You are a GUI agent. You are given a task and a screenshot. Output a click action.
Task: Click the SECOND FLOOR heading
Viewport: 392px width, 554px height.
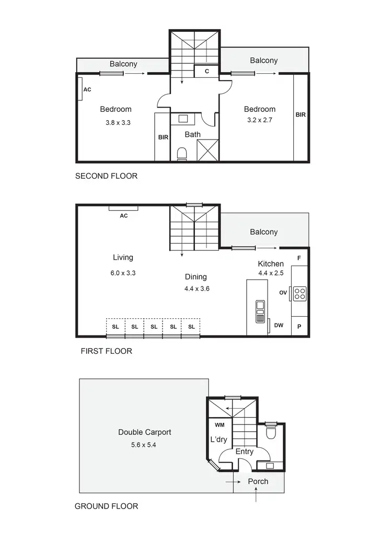[106, 176]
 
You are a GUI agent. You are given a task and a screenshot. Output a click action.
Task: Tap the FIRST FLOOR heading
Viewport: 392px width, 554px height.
[106, 351]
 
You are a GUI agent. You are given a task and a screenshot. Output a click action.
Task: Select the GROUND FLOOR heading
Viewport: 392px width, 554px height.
[106, 506]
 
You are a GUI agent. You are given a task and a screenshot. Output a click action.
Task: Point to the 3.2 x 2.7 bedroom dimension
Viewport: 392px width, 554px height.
[260, 120]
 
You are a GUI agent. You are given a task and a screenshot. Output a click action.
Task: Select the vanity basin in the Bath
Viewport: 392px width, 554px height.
[183, 119]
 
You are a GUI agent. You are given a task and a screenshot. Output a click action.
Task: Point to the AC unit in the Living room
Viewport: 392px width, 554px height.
[123, 208]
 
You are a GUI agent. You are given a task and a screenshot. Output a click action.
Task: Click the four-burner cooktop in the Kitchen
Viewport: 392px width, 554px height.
[299, 293]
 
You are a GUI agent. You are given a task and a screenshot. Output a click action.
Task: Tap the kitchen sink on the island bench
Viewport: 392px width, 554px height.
[260, 311]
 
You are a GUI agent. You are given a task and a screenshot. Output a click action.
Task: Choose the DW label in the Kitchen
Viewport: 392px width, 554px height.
[279, 325]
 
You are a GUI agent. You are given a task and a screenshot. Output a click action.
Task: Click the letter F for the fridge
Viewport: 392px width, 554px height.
[299, 258]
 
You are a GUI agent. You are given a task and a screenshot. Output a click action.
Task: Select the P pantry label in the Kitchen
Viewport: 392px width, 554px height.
[299, 326]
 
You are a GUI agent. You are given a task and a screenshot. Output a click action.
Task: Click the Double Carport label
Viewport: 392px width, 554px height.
[144, 432]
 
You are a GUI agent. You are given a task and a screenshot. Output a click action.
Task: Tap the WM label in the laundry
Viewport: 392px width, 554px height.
[220, 425]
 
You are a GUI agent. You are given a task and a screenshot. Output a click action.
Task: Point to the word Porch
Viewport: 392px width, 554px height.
[258, 481]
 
